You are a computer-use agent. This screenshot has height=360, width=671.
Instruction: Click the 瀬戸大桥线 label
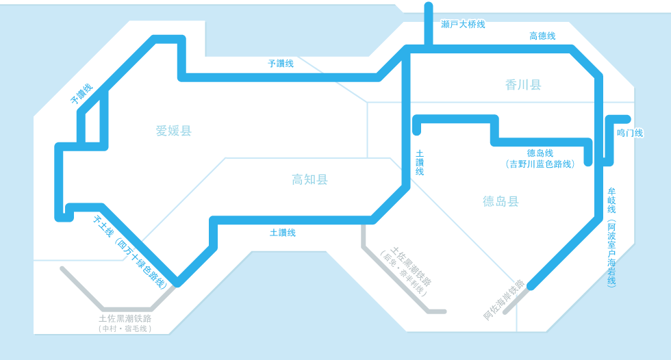tap(463, 25)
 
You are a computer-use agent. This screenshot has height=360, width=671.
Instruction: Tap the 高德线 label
tap(542, 36)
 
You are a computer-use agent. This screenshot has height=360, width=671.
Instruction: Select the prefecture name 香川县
tap(523, 85)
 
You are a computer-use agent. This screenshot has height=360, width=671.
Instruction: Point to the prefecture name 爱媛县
tap(173, 131)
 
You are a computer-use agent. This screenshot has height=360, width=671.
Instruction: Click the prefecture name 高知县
tap(309, 179)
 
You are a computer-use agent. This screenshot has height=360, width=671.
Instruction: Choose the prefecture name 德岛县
tap(501, 201)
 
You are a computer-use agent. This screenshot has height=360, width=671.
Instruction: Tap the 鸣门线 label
tap(630, 133)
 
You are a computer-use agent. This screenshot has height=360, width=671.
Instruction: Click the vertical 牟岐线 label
tap(611, 200)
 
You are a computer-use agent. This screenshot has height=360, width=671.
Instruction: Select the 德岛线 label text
tap(540, 153)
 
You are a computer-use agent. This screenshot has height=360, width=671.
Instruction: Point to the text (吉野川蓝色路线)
tap(540, 164)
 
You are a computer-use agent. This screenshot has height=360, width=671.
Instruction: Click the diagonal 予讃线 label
tap(81, 94)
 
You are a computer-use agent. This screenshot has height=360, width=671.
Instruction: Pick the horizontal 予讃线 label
tap(281, 63)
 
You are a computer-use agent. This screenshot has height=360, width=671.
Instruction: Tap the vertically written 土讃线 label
tap(420, 162)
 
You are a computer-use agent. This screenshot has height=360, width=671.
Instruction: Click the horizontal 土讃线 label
tap(282, 233)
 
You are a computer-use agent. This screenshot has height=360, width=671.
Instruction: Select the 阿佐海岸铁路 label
tap(504, 300)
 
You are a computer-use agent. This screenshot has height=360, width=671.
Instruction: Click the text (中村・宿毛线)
tap(125, 329)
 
